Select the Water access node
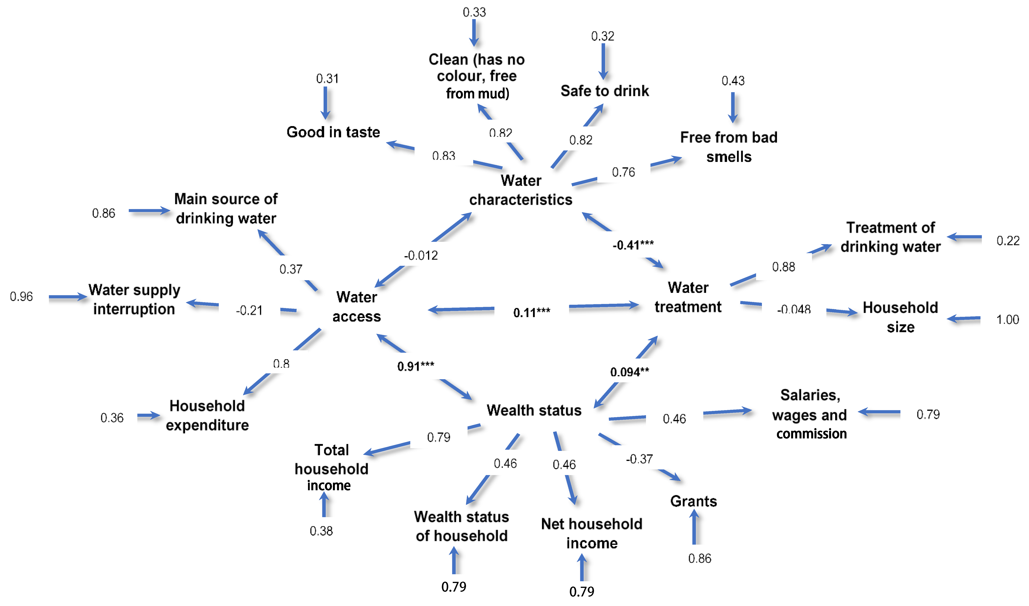(x=357, y=307)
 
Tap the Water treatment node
(x=688, y=297)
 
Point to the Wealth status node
(x=534, y=410)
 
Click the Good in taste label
(x=333, y=132)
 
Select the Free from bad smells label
(x=729, y=147)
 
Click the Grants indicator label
(x=693, y=501)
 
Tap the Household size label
(x=900, y=317)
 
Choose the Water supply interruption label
(x=134, y=299)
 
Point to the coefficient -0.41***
(x=633, y=245)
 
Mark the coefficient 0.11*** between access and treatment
(x=532, y=313)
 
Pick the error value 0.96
(x=21, y=296)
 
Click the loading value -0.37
(x=639, y=459)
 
